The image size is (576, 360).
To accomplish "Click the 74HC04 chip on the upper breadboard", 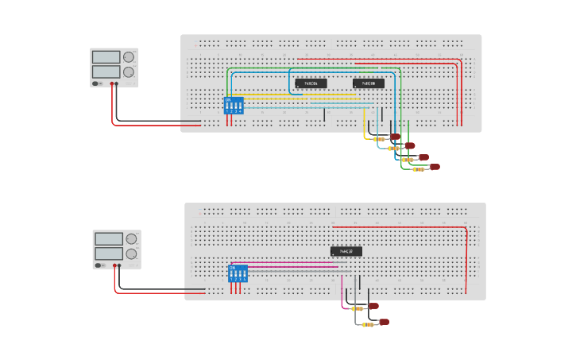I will point(311,83).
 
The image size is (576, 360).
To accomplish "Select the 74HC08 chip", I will point(369,83).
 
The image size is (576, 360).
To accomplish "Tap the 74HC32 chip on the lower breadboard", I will point(346,252).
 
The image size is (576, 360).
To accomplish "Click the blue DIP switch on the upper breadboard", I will point(234,106).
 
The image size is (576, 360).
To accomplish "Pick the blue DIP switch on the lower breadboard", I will point(238,273).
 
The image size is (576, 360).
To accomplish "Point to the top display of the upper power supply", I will point(106,57).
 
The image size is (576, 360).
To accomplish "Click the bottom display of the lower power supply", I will point(108,254).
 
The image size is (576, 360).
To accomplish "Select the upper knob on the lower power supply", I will point(131,238).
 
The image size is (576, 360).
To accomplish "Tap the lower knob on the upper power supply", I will point(128,72).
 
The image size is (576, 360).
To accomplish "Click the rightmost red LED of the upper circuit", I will point(435,167).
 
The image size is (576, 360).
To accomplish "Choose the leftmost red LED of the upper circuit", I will point(395,137).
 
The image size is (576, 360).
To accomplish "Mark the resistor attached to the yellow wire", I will point(378,139).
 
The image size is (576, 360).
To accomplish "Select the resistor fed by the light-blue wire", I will point(392,149).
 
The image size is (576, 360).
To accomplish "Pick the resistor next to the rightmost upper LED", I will point(418,168).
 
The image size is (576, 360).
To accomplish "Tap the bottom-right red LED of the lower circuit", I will point(384,322).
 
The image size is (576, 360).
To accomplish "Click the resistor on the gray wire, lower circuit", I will point(366,324).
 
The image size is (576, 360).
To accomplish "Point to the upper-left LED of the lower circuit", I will point(373,306).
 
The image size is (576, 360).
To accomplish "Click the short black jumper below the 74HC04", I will point(324,115).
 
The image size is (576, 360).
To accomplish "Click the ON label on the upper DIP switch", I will point(229,100).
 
